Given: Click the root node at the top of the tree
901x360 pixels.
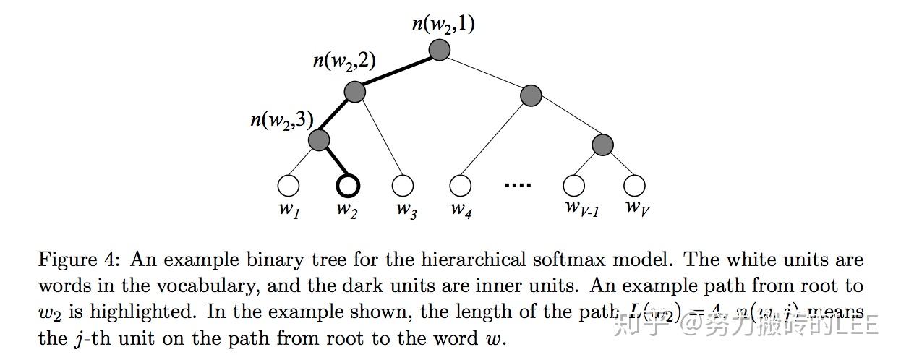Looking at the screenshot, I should coord(439,50).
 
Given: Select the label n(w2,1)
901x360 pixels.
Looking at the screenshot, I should coord(443,24).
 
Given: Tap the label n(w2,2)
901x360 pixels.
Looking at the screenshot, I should coord(343,60).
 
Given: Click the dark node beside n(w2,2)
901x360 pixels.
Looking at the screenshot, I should coord(354,92).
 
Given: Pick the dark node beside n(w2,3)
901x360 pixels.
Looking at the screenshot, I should coord(319,140).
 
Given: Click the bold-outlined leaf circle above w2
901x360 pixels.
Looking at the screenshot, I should coord(348,186).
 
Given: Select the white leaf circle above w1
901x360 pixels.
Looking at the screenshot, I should coord(289,186).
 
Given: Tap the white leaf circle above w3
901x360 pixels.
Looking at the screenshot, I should coord(403,186).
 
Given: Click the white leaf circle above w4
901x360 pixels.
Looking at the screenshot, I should coord(460,186).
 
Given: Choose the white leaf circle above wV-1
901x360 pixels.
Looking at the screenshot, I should coord(574,186).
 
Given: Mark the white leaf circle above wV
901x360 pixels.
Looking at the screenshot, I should coord(634,186).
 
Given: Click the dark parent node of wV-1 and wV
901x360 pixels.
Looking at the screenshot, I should coord(602,145).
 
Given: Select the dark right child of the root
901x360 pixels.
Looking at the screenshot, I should coord(531,95).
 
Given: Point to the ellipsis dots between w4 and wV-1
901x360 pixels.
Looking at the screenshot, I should coord(518,186).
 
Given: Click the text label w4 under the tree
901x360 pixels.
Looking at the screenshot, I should coord(461,210).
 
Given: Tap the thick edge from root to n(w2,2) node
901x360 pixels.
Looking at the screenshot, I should coord(396,71).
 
